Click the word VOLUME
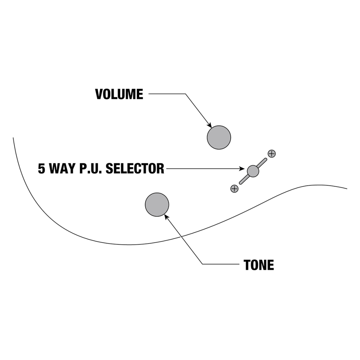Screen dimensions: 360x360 (x=119, y=94)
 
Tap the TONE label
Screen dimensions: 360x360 (x=259, y=265)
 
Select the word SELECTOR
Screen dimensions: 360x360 (x=135, y=169)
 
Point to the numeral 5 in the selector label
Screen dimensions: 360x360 (x=42, y=169)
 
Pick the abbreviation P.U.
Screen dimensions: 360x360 (x=90, y=169)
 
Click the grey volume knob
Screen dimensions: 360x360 (x=219, y=137)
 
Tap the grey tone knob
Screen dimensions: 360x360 (x=157, y=205)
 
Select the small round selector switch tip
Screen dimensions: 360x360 (x=253, y=171)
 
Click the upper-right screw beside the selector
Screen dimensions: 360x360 (x=271, y=154)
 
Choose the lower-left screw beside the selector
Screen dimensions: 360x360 (x=234, y=189)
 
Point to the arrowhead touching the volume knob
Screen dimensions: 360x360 (x=210, y=126)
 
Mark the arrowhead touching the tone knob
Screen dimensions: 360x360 (x=166, y=216)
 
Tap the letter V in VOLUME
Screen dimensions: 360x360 (x=99, y=94)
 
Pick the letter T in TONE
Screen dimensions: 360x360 (x=247, y=265)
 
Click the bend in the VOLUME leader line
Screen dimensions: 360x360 (x=185, y=94)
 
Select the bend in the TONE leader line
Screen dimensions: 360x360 (x=202, y=264)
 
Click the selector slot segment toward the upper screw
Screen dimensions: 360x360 (x=262, y=163)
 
